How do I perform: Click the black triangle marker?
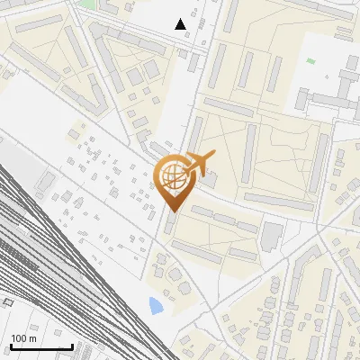[x=181, y=24]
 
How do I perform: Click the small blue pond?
[x=157, y=305]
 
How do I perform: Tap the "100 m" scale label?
[x=23, y=337]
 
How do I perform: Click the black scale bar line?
[x=40, y=346]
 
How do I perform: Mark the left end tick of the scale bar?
[x=10, y=345]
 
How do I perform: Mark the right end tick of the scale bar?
[x=72, y=345]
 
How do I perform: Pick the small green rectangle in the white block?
[x=310, y=61]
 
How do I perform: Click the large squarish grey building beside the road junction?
[x=271, y=237]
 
